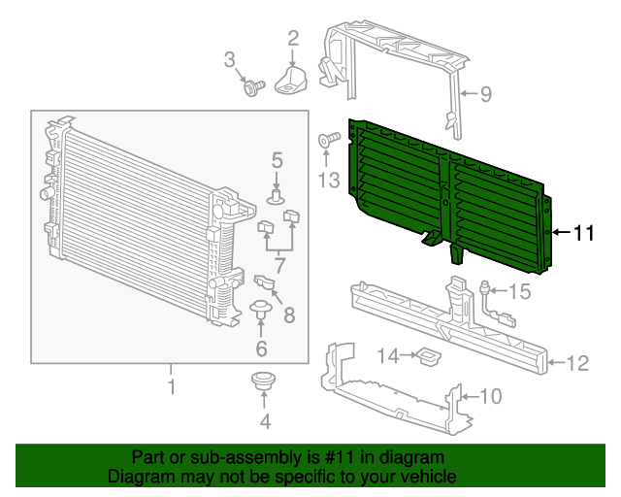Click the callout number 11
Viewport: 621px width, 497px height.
point(582,233)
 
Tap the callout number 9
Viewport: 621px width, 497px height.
point(485,94)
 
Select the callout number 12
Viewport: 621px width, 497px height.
point(577,364)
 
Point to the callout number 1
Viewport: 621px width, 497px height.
point(172,388)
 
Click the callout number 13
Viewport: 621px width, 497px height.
point(328,180)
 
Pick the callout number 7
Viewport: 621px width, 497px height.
point(279,265)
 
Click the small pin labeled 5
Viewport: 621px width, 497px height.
point(277,198)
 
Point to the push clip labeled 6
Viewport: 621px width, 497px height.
point(260,312)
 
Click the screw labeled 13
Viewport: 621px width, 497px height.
point(326,142)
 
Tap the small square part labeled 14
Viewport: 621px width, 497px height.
point(427,358)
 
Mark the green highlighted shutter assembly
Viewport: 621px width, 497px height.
point(446,194)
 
